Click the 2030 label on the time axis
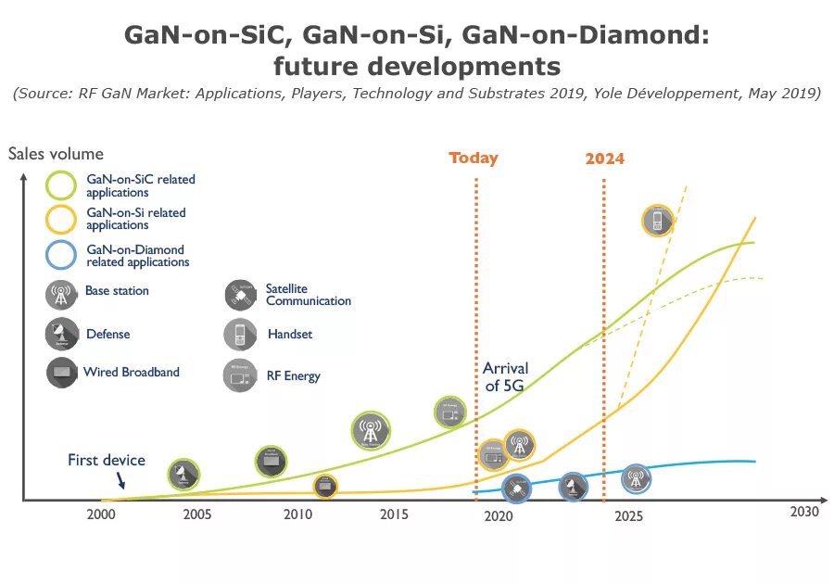(x=804, y=511)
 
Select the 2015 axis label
(x=394, y=514)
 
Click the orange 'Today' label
(x=474, y=158)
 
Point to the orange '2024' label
(x=604, y=159)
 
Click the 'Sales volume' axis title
(x=57, y=154)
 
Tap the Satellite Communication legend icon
(x=240, y=295)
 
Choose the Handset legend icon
(x=240, y=334)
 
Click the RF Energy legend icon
(x=240, y=375)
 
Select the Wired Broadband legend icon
(x=61, y=373)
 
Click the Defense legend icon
(x=61, y=334)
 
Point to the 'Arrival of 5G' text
(x=505, y=376)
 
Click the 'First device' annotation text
(x=107, y=460)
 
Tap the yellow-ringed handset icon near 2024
(x=657, y=221)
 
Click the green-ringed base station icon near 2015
(x=371, y=430)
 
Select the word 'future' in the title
(x=316, y=67)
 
